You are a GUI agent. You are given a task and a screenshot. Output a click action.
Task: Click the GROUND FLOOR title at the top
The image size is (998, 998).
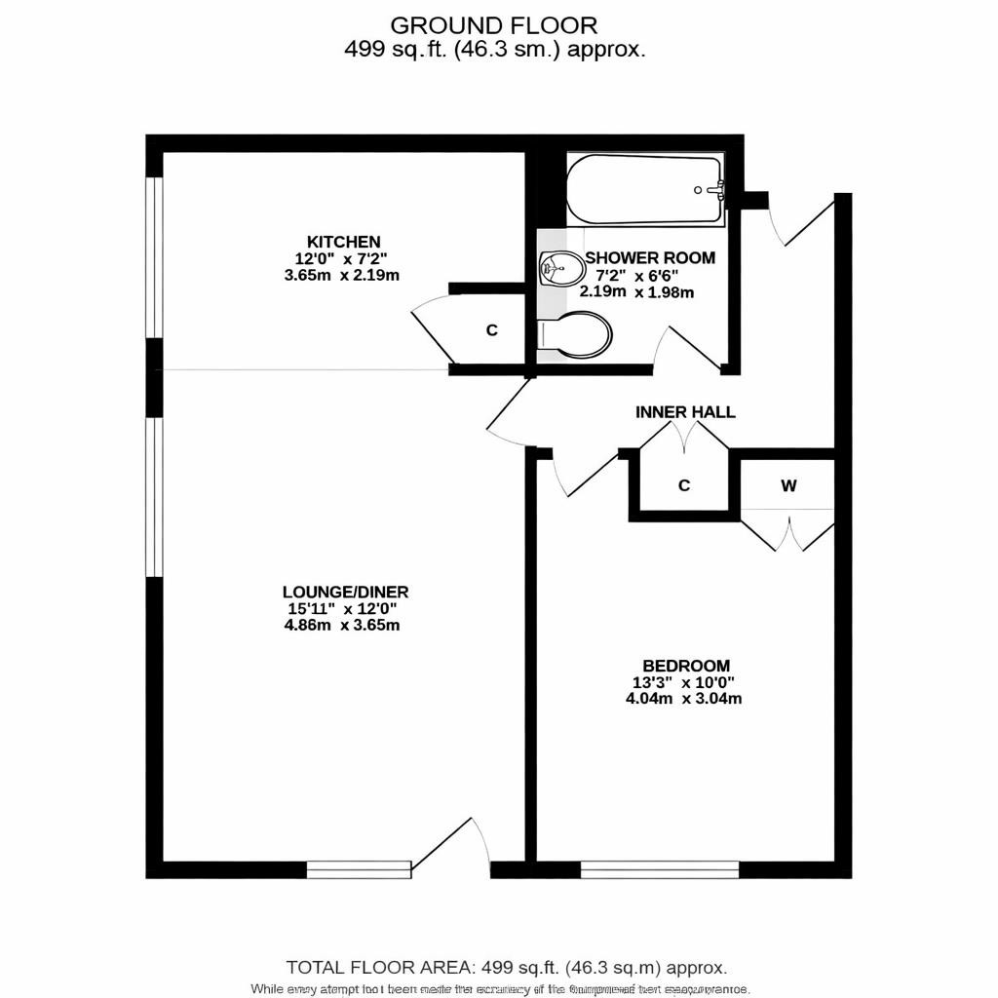[494, 24]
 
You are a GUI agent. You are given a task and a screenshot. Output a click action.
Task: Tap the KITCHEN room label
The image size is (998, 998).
[343, 242]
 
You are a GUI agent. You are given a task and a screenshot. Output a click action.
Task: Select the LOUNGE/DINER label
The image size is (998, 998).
[345, 592]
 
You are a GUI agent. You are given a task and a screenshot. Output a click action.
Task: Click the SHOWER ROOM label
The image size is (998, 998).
[650, 258]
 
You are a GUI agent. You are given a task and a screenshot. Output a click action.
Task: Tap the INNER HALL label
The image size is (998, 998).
[685, 412]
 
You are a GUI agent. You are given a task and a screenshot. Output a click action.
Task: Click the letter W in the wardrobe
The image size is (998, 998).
[787, 485]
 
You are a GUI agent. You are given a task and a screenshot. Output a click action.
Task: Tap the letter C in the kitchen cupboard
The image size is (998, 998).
[492, 330]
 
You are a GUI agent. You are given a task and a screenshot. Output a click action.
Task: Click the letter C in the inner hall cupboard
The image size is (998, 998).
[684, 485]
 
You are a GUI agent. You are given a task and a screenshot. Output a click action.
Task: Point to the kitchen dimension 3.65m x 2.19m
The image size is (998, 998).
[342, 276]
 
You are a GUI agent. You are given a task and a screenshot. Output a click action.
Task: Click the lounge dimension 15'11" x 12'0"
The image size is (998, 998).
[342, 608]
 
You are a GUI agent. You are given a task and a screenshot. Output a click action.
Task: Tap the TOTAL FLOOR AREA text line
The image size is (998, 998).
[507, 968]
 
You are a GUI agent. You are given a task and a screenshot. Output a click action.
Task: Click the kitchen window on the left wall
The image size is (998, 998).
[154, 258]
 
